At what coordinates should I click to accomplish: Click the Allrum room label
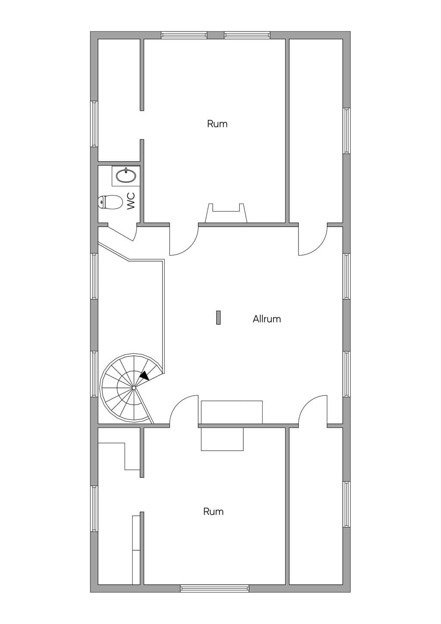coord(267,319)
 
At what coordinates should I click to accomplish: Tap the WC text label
coord(131,201)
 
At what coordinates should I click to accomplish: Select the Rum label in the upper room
coord(217,124)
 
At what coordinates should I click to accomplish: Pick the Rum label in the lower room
coord(213,512)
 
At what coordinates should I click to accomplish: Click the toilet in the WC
coord(110,202)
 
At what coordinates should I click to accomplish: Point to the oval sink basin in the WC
coord(126,176)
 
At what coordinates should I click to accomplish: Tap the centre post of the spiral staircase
coord(134,388)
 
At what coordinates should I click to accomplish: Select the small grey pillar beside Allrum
coord(218,318)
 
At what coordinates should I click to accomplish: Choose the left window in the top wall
coord(184,35)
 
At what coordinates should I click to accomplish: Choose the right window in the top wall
coord(247,35)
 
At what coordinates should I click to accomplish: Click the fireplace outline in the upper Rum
coord(226,213)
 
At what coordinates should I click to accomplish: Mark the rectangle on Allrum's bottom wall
coord(232,412)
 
